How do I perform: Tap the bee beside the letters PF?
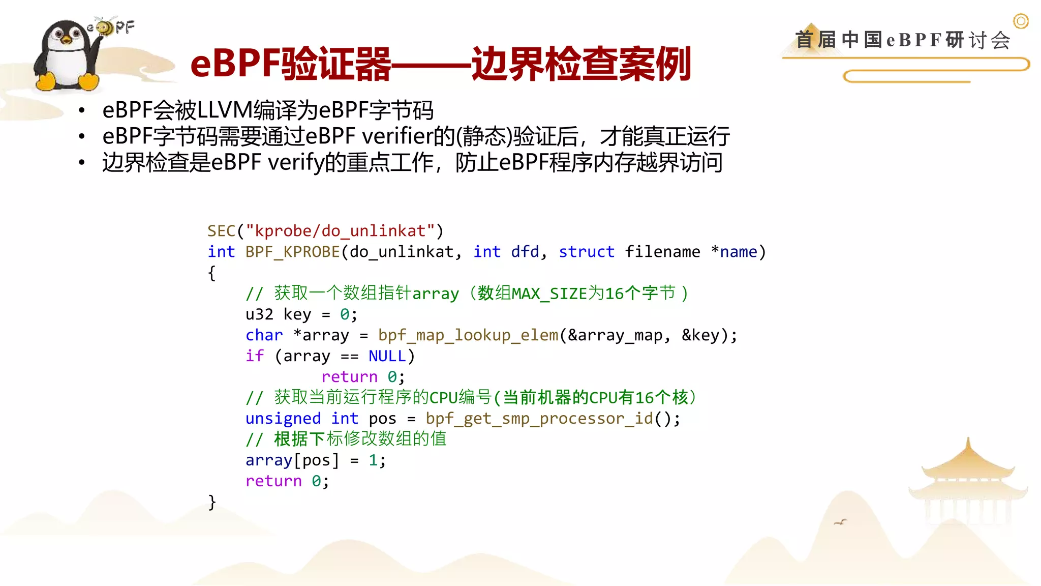click(105, 26)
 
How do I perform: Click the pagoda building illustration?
click(968, 483)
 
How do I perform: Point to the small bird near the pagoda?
click(841, 522)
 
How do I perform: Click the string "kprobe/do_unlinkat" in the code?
click(340, 231)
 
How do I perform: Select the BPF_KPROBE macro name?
click(292, 252)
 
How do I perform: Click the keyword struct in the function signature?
click(586, 252)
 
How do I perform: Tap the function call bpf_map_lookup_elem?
click(468, 335)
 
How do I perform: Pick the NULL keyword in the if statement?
click(387, 356)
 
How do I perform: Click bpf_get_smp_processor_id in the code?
click(539, 419)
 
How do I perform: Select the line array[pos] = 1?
click(315, 460)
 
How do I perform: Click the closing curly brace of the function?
click(212, 502)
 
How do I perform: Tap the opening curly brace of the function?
click(212, 273)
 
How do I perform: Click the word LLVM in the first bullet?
click(224, 110)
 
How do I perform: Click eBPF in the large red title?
click(235, 64)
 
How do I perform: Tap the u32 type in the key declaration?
click(259, 314)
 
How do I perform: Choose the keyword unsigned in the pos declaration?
click(283, 419)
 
